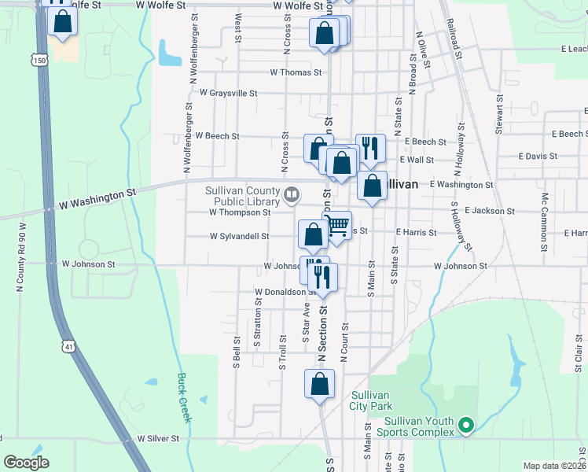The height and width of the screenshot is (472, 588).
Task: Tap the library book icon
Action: (292, 193)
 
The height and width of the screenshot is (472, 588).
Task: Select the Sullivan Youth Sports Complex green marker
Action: (466, 426)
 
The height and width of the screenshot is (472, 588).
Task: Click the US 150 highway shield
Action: (39, 59)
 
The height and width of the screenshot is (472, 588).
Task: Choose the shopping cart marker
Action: (337, 226)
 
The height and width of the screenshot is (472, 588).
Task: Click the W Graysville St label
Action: (228, 93)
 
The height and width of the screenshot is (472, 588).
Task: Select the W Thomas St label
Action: (296, 72)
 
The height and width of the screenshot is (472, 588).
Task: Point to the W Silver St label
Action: (164, 438)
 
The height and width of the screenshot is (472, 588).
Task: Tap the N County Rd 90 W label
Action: (21, 257)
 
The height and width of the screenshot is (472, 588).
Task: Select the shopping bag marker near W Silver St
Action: (318, 385)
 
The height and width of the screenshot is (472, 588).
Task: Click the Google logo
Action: (26, 463)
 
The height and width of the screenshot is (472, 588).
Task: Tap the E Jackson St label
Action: (489, 211)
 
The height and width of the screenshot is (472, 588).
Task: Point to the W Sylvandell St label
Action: (239, 235)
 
